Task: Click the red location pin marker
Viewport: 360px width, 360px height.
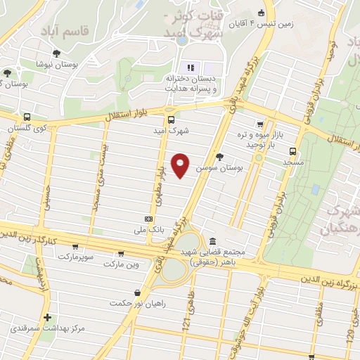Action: pos(181,165)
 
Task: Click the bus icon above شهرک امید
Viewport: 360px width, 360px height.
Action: pos(172,119)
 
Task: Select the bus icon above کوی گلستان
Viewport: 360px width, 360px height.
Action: pos(27,118)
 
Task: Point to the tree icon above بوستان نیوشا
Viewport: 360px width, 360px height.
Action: pos(56,53)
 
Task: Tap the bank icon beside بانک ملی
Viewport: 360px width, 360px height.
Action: pos(148,219)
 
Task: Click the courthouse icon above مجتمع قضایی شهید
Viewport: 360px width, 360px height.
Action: pos(213,240)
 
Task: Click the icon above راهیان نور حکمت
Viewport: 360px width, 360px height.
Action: pos(135,292)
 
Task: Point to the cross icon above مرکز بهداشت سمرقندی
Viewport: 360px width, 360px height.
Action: pos(47,318)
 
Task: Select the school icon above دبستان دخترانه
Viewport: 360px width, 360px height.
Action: pos(190,67)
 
